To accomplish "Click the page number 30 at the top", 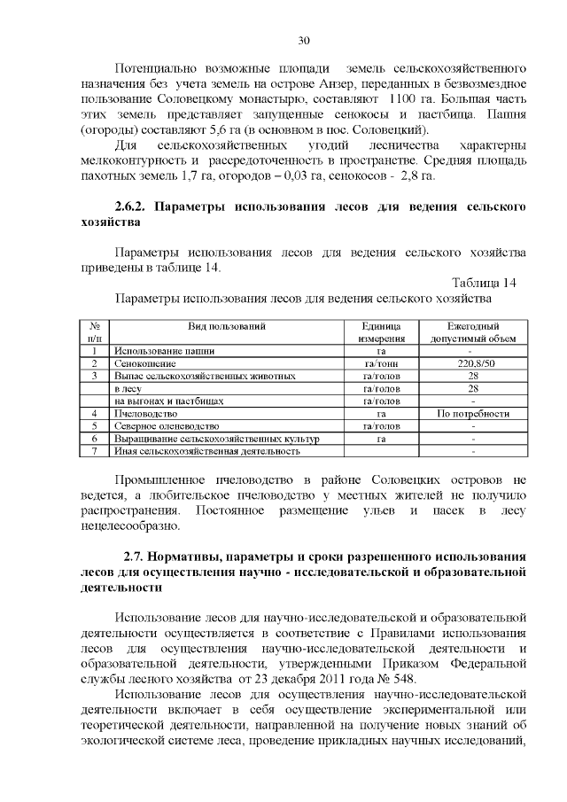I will tap(303, 41).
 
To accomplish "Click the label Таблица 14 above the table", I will tap(483, 284).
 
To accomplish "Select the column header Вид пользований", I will tap(226, 326).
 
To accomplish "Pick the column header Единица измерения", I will tap(381, 332).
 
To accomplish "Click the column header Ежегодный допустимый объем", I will tap(473, 332).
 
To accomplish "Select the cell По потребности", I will tap(474, 414).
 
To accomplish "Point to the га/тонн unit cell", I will tap(381, 363).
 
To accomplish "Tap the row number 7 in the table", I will tap(93, 451).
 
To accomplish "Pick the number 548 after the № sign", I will tap(415, 678).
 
